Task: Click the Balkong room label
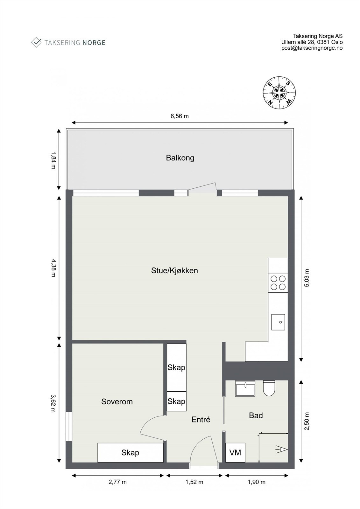pyautogui.click(x=180, y=158)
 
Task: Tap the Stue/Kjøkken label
pyautogui.click(x=174, y=271)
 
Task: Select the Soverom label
pyautogui.click(x=117, y=401)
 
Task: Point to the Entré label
pyautogui.click(x=201, y=420)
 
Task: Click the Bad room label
pyautogui.click(x=256, y=415)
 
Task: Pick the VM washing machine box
pyautogui.click(x=235, y=452)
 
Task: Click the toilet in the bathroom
pyautogui.click(x=269, y=388)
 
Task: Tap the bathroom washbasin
pyautogui.click(x=245, y=388)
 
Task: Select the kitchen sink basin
pyautogui.click(x=278, y=322)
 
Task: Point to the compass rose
pyautogui.click(x=279, y=93)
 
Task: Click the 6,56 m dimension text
pyautogui.click(x=180, y=116)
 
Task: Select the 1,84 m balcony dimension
pyautogui.click(x=53, y=160)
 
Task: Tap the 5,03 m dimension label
pyautogui.click(x=307, y=278)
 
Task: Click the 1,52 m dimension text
pyautogui.click(x=194, y=482)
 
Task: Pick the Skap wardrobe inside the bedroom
pyautogui.click(x=130, y=452)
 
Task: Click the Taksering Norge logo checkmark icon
pyautogui.click(x=36, y=42)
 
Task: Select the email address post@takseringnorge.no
pyautogui.click(x=312, y=48)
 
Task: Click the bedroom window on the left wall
pyautogui.click(x=69, y=427)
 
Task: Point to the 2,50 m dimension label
pyautogui.click(x=307, y=422)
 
